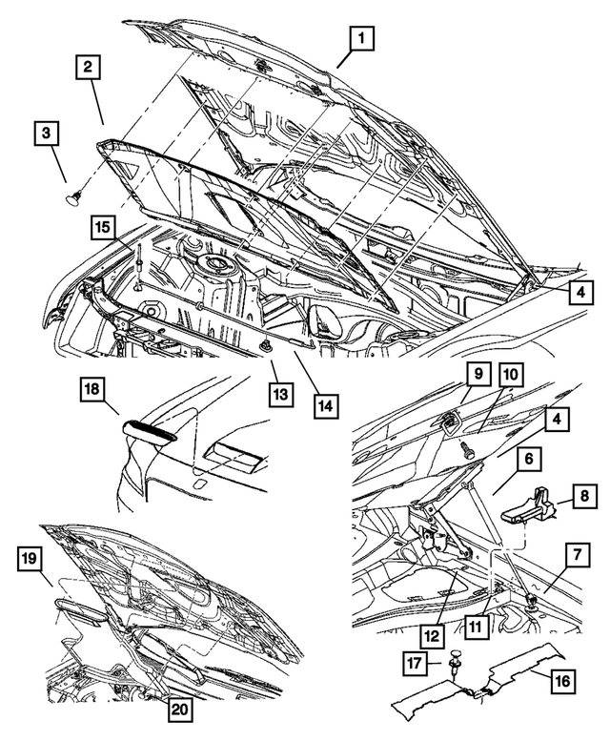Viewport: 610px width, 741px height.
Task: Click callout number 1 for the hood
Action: pos(362,39)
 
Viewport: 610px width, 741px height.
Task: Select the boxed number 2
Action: pos(88,67)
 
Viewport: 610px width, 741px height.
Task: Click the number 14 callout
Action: pos(324,404)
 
